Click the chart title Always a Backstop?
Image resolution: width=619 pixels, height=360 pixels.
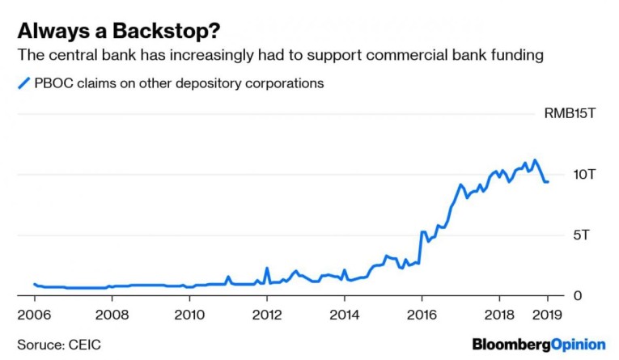pyautogui.click(x=119, y=31)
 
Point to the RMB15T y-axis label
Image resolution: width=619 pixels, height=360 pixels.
pyautogui.click(x=570, y=113)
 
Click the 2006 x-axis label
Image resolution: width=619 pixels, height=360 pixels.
pyautogui.click(x=33, y=313)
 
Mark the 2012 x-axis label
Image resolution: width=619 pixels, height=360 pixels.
pyautogui.click(x=267, y=313)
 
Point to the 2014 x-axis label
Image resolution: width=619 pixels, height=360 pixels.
pyautogui.click(x=344, y=313)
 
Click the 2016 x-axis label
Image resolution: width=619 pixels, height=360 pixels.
pyautogui.click(x=422, y=313)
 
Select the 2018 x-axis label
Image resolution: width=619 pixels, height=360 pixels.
pyautogui.click(x=500, y=313)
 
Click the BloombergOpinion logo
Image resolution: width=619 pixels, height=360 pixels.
pyautogui.click(x=539, y=344)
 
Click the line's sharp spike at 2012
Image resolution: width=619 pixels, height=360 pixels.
pyautogui.click(x=266, y=269)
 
